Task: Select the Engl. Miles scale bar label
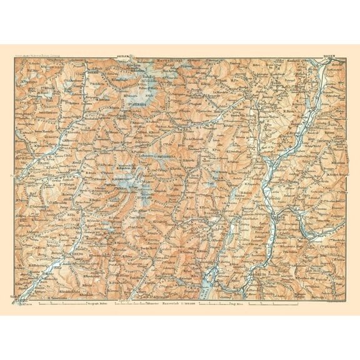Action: click(234, 304)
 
